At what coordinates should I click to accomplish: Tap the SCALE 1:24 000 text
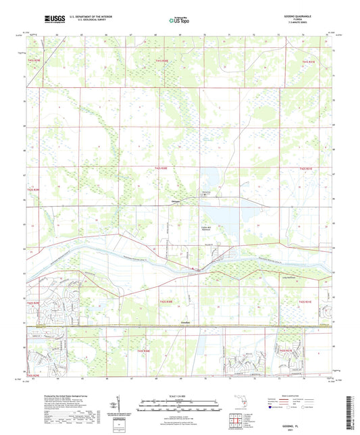[x=180, y=396]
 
